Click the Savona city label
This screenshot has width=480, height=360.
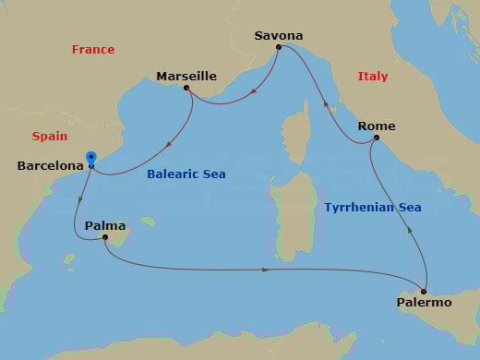click(278, 35)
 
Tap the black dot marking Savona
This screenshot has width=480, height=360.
click(279, 46)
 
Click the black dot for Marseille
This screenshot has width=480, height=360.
click(187, 88)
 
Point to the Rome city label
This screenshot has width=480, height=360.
click(376, 126)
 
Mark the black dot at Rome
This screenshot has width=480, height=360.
click(376, 138)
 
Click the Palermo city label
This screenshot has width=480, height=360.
click(424, 302)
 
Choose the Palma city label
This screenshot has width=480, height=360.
click(104, 225)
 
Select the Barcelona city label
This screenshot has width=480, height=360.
click(50, 166)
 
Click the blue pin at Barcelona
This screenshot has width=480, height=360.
click(90, 159)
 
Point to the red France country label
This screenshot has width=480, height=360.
click(93, 49)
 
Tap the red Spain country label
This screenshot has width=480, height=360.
click(50, 136)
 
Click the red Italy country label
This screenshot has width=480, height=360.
click(372, 77)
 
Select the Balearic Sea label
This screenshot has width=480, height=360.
click(186, 174)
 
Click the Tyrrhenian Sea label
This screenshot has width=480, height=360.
click(373, 208)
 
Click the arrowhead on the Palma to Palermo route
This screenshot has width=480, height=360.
click(266, 270)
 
